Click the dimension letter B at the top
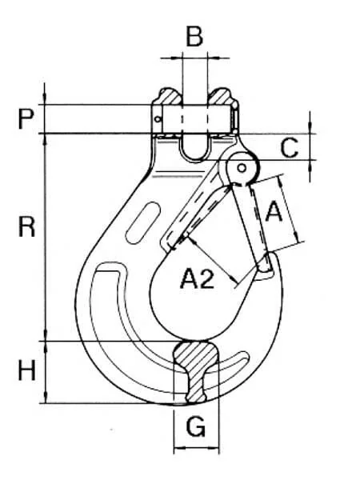194,37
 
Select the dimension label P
26,119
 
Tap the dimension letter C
289,148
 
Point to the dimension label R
26,226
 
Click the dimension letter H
26,370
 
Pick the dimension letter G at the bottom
196,426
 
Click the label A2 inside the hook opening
197,278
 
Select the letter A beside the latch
274,211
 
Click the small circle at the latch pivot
242,168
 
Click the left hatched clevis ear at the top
169,98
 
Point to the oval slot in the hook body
143,222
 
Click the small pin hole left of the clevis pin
158,119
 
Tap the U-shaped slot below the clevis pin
196,149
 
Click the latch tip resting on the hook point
266,264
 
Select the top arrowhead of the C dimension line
310,126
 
